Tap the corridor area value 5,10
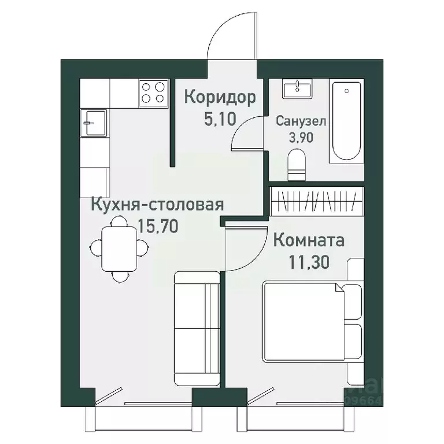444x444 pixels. [219, 119]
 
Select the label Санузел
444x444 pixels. [301, 122]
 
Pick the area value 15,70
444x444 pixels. [157, 224]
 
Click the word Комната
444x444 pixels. [308, 240]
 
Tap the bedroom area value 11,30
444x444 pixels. [308, 262]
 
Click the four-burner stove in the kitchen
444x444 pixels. [153, 92]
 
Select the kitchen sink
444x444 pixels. [92, 123]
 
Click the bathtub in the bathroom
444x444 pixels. [346, 122]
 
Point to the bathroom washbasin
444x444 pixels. [297, 89]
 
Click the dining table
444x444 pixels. [120, 249]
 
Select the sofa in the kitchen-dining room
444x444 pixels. [197, 328]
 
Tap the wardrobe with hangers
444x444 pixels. [317, 201]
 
